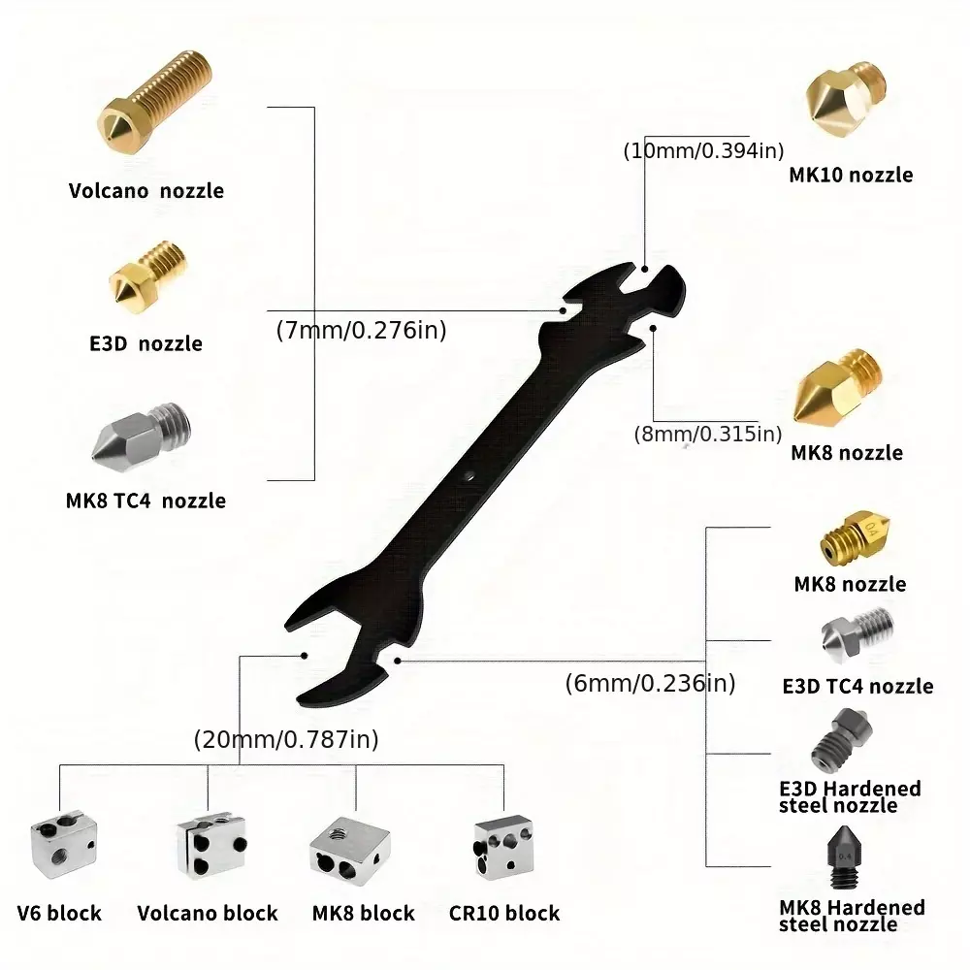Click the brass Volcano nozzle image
coord(154,101)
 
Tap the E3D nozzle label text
coord(146,343)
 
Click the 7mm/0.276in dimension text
coord(361,331)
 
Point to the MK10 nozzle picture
coord(846,99)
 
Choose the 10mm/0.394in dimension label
coord(704,151)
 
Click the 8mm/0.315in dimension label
coord(708,434)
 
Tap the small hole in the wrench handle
coord(469,476)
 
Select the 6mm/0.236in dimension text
coord(650,683)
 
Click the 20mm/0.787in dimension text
coord(286,739)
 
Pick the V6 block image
coord(64,845)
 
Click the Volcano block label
coord(208,913)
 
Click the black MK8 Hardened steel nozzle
coord(844,857)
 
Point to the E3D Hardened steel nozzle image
coord(841,740)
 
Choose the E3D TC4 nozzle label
coord(858,686)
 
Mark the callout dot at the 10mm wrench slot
coord(645,269)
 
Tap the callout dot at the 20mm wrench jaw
coord(305,656)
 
